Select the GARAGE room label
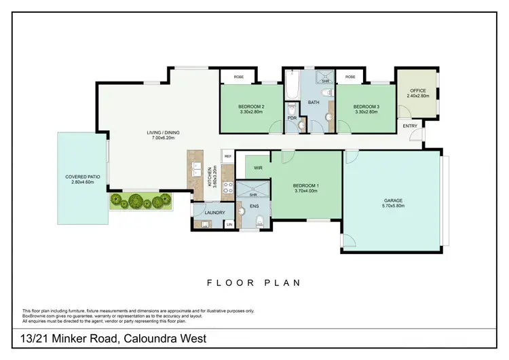394,201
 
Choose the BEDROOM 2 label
250,107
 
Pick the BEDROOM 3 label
367,107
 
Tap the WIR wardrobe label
258,166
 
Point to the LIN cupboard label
229,224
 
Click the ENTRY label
410,126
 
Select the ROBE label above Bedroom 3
350,77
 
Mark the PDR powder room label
293,117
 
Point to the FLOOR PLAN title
254,282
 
